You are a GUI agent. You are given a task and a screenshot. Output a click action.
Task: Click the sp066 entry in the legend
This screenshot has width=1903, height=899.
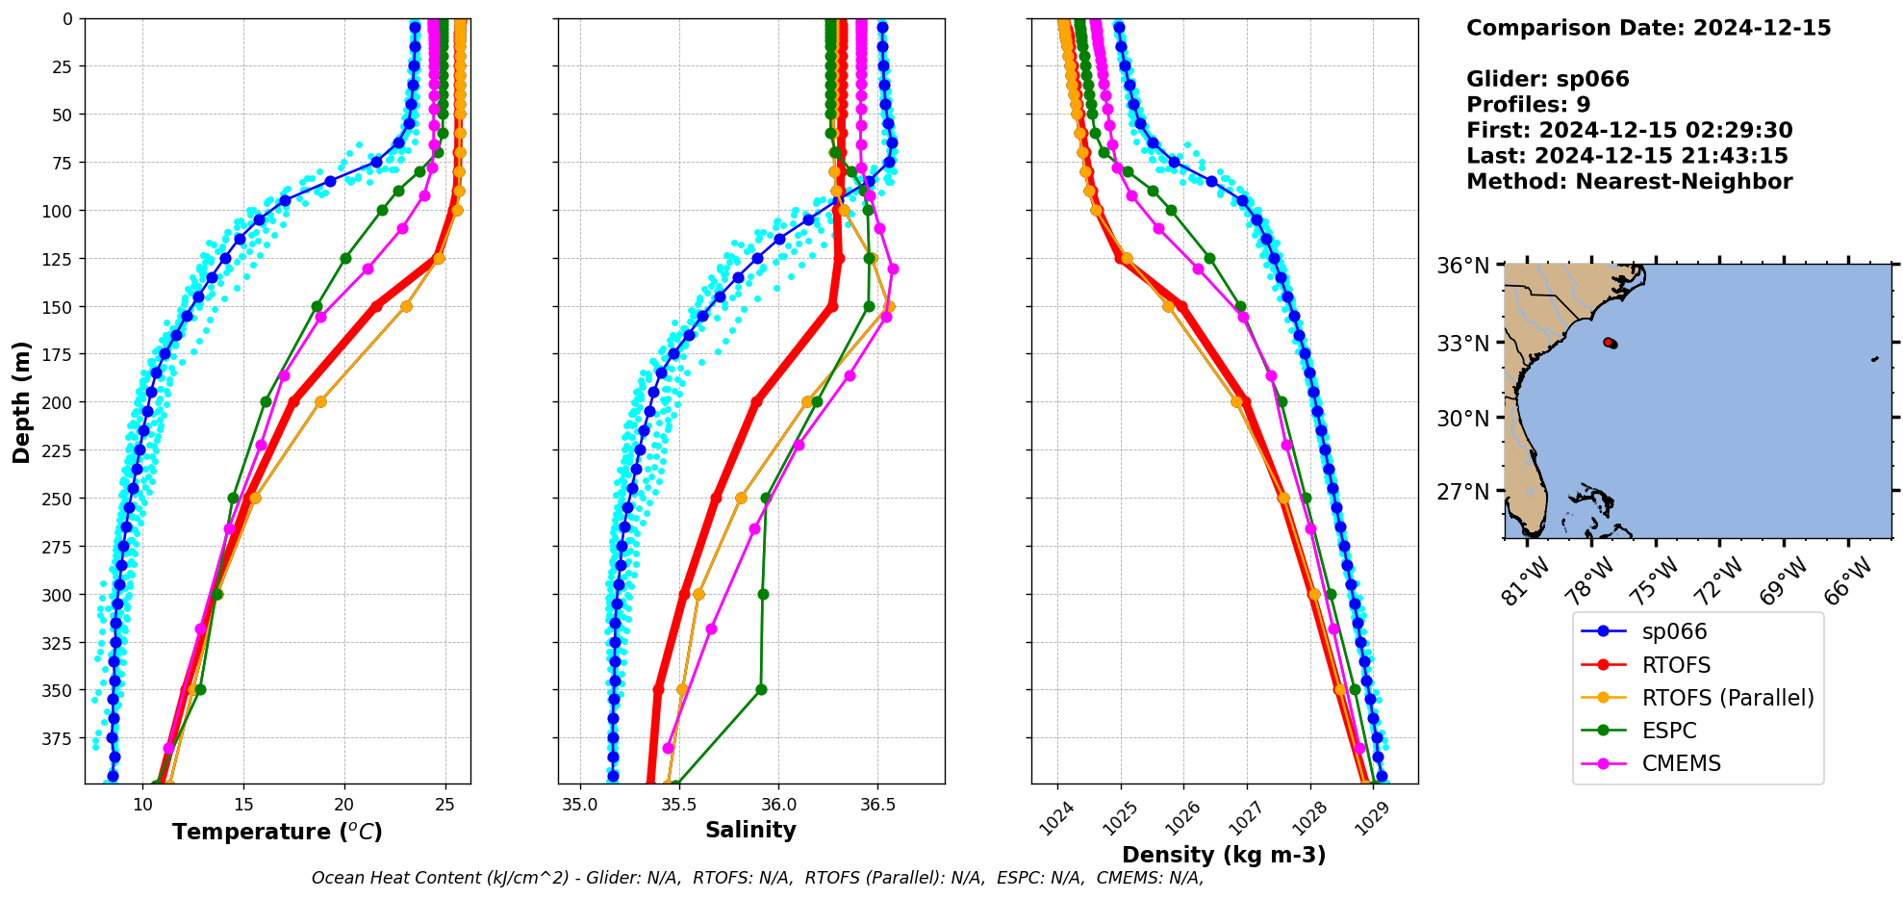tap(1674, 632)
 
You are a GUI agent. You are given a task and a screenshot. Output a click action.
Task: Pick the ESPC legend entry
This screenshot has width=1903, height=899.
tap(1669, 731)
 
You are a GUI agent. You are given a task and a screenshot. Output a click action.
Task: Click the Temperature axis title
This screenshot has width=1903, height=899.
tap(277, 832)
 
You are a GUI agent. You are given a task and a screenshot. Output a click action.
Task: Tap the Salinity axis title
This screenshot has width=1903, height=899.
tap(750, 830)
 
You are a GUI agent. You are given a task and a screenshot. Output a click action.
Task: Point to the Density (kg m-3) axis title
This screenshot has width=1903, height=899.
tap(1224, 855)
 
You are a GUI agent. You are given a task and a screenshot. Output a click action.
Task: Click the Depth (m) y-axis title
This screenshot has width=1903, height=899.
tap(22, 401)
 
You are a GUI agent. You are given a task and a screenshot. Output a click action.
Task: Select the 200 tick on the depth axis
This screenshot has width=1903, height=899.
tap(62, 402)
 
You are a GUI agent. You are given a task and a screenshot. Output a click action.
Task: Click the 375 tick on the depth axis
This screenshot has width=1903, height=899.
tap(62, 738)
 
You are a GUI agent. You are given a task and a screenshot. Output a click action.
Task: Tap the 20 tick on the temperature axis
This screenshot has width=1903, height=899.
tap(343, 805)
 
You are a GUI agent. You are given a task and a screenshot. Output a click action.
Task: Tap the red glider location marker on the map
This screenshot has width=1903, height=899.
tap(1610, 343)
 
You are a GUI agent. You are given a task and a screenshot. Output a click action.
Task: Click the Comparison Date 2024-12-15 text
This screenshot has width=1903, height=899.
tap(1648, 28)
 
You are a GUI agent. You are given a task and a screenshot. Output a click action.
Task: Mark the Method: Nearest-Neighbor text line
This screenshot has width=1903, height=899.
tap(1629, 182)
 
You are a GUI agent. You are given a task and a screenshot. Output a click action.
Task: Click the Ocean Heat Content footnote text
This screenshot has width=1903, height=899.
tap(757, 878)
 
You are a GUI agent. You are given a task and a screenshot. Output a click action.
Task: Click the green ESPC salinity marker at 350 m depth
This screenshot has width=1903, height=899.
tap(761, 689)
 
